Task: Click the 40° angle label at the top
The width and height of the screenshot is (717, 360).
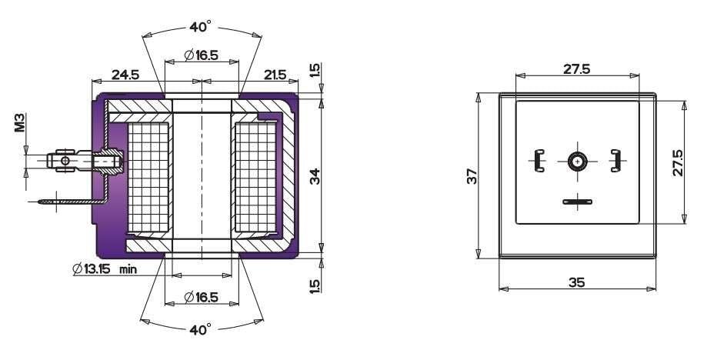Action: pyautogui.click(x=200, y=28)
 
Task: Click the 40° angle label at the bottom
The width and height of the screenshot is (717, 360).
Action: pyautogui.click(x=200, y=329)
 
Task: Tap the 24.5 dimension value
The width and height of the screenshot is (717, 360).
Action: pyautogui.click(x=125, y=75)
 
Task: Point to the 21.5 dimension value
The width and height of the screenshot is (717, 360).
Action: pyautogui.click(x=275, y=75)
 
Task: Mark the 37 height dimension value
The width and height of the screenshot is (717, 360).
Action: pyautogui.click(x=472, y=176)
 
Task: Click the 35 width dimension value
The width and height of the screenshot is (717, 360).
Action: pyautogui.click(x=576, y=282)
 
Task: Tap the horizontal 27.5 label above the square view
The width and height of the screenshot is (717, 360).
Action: pyautogui.click(x=576, y=68)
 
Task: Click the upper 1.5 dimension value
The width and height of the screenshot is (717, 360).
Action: pyautogui.click(x=314, y=72)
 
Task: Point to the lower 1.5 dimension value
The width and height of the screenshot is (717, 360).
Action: pyautogui.click(x=314, y=285)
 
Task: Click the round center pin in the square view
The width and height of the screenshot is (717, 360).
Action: pyautogui.click(x=577, y=161)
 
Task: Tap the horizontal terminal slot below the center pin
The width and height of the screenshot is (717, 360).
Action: pyautogui.click(x=576, y=202)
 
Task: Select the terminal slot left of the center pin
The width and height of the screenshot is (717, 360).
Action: pyautogui.click(x=537, y=161)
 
